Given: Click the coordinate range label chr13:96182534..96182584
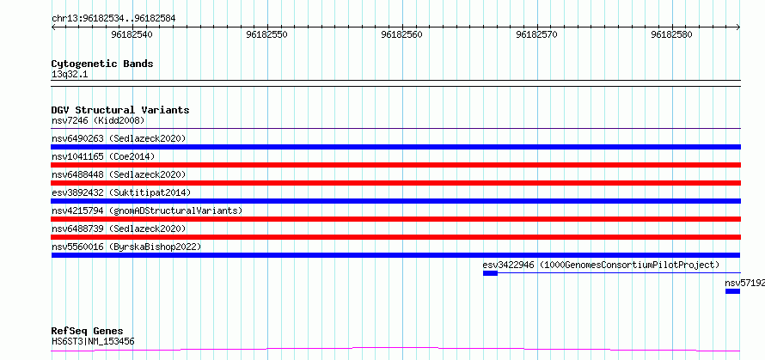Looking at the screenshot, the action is point(113,19).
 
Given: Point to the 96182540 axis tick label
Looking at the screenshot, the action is point(132,34).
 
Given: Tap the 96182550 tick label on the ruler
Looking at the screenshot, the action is point(266,34).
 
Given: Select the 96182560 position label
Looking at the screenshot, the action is point(402,34).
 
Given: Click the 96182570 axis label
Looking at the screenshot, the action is point(536,34).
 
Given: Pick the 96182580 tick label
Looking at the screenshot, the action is point(672,34).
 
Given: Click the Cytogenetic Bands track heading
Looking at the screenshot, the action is point(102,64).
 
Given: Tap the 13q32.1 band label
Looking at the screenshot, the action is point(70,75).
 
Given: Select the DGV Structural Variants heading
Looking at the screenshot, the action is point(120,110).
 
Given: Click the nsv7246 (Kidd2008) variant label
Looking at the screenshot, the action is point(98,120).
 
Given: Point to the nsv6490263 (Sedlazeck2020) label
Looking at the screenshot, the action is point(119,138).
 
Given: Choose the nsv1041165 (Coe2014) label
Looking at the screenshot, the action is point(103,156).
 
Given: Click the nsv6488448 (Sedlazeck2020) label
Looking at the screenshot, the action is point(119,174).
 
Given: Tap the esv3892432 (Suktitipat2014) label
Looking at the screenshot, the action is point(121,192).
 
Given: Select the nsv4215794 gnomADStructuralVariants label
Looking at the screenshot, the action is point(147,211).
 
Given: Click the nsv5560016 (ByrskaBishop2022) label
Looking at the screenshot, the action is point(126,247).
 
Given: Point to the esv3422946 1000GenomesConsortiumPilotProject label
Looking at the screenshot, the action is point(601,265).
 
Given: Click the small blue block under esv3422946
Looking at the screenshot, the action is point(490,273).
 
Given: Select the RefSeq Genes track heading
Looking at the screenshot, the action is point(88,332).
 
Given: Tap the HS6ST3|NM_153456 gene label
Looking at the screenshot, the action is point(93,341).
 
